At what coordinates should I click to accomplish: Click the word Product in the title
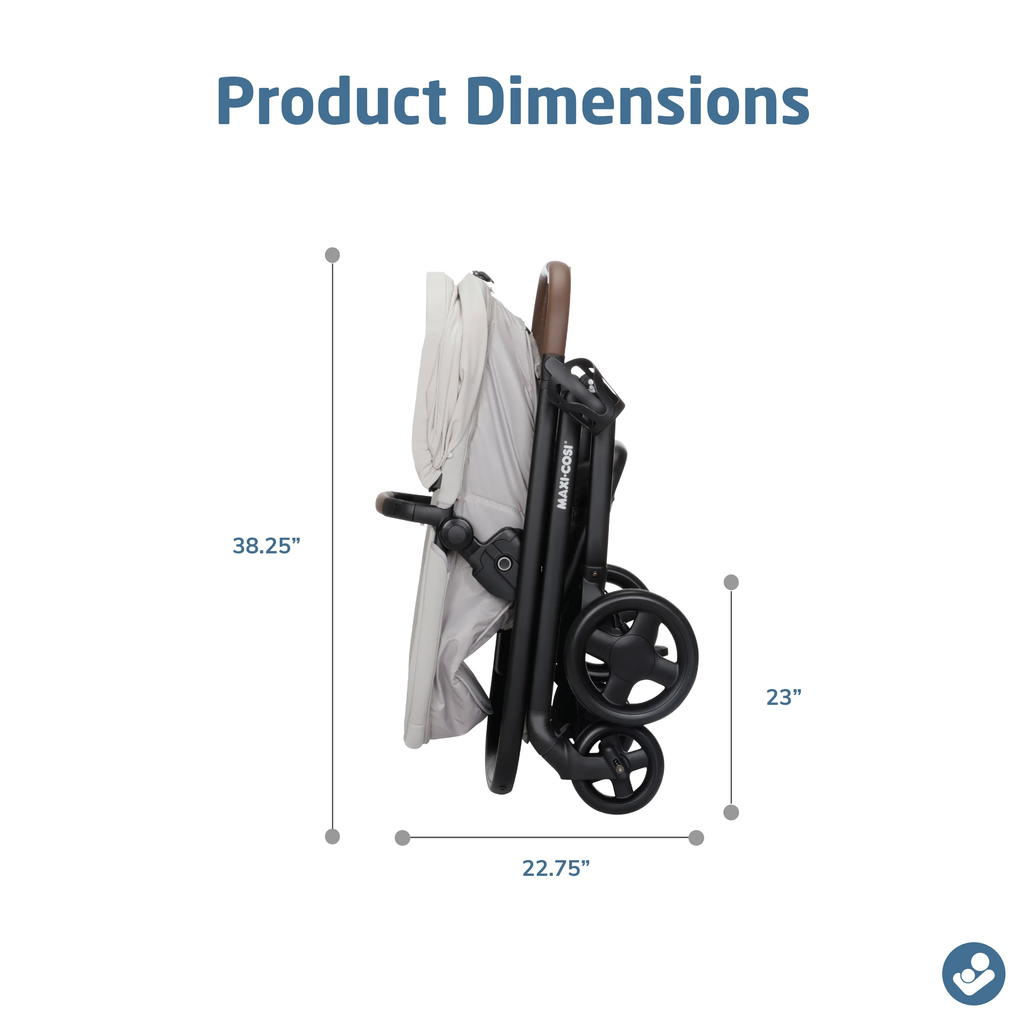point(332,101)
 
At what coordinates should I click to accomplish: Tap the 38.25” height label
point(266,546)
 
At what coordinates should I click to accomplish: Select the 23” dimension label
point(783,697)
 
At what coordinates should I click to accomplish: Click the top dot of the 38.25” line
point(332,255)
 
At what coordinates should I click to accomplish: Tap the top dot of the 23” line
point(731,582)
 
